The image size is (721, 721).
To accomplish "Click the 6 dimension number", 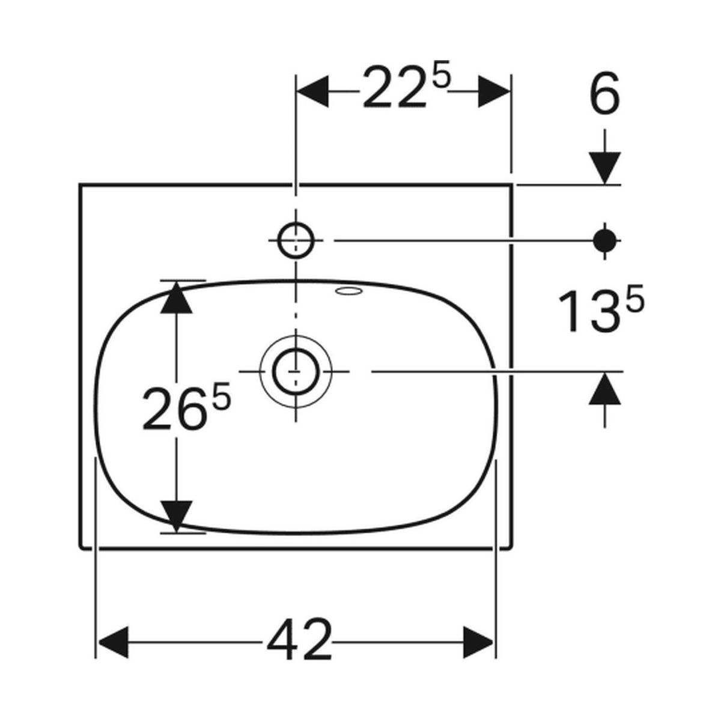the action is (604, 94).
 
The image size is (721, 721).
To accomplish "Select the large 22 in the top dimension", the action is (394, 87).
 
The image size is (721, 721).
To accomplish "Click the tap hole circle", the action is (296, 240).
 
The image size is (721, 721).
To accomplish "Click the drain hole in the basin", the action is (296, 371).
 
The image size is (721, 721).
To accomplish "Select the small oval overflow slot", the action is (350, 291).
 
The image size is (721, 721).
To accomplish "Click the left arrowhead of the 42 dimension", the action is (112, 642).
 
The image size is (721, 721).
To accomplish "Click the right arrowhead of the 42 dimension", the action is (478, 642).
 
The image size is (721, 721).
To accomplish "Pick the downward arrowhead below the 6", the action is (604, 168).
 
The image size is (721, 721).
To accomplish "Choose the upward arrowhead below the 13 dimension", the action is (604, 389).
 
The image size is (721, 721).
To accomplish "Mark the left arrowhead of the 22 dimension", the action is (313, 91).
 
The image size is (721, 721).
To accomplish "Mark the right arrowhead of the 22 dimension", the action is (494, 91).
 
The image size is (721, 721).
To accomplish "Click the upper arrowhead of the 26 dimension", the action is (176, 297).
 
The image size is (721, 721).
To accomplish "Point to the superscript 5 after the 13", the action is (635, 298).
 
